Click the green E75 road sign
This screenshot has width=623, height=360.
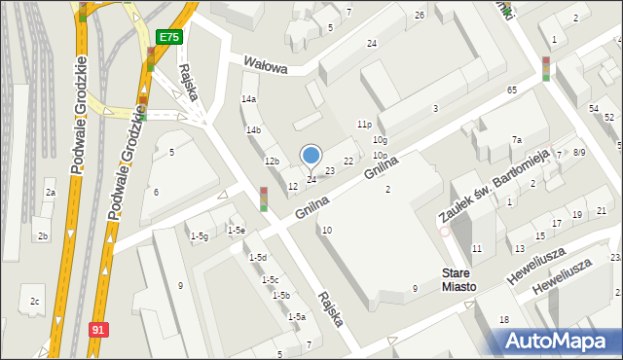coord(169,36)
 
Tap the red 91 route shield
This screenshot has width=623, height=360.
coord(97,330)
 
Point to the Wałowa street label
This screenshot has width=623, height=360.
coord(266,67)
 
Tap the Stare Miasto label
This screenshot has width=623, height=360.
coord(458,280)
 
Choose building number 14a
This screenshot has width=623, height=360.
coord(249,99)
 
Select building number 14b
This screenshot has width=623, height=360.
coord(253,130)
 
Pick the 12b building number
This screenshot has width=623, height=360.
coord(273,162)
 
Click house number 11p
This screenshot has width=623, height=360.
coord(364,125)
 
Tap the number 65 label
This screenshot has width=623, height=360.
coord(512,90)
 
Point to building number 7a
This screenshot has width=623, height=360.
coord(517,140)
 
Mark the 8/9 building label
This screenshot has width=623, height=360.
coord(579,152)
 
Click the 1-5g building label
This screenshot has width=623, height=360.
coord(200,236)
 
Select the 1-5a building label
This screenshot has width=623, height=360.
coord(297,316)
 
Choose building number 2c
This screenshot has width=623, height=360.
coord(34,302)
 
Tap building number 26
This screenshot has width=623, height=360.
coord(420,16)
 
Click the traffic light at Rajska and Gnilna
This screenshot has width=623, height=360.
coord(264,198)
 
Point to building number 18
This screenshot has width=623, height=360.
coord(504,319)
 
